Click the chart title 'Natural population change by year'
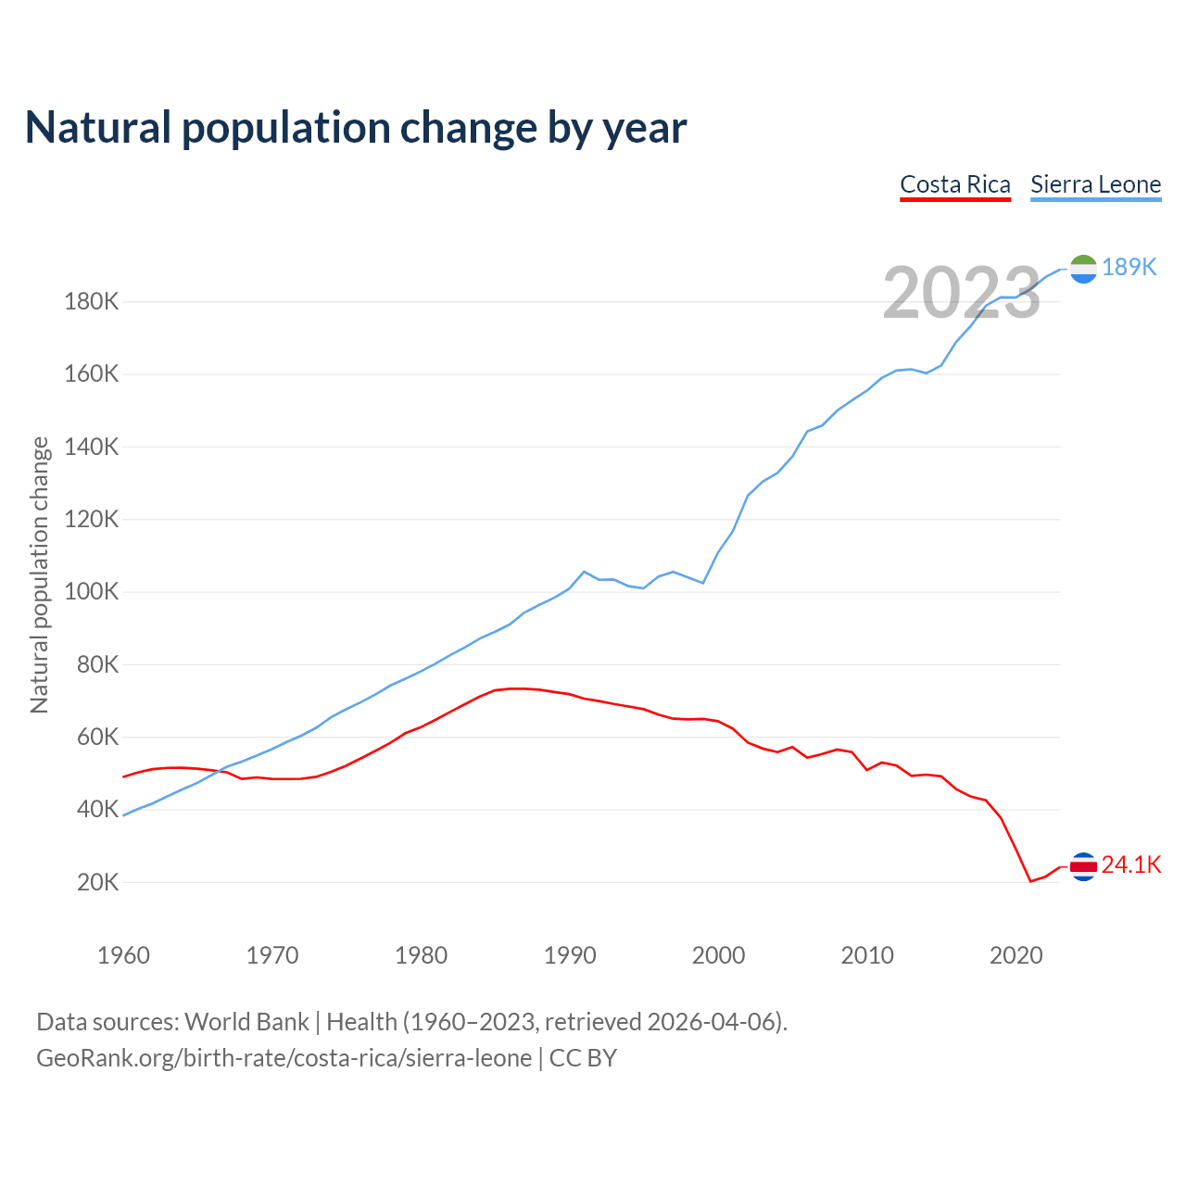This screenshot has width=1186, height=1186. click(356, 128)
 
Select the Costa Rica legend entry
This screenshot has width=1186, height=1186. click(955, 184)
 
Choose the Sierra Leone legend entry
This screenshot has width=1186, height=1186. click(1095, 184)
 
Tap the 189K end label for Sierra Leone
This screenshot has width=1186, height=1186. click(1129, 267)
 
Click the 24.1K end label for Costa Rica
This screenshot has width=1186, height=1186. click(1131, 864)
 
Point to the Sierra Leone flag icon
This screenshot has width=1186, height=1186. click(1083, 269)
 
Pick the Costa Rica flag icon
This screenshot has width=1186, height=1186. click(1083, 866)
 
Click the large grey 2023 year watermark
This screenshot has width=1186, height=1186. click(962, 293)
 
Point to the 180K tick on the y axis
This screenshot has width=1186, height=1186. click(92, 301)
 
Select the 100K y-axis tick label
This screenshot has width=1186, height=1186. click(92, 591)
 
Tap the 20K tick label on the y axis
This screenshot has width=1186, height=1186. click(97, 882)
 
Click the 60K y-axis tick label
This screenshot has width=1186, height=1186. click(97, 737)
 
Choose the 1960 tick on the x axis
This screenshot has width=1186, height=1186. click(123, 955)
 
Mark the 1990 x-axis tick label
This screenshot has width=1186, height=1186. click(570, 955)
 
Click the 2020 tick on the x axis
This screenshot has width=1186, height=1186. click(1016, 955)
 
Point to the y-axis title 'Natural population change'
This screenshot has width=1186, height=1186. click(39, 574)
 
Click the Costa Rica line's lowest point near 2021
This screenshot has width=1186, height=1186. click(1030, 881)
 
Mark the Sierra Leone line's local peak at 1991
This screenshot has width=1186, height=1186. click(584, 572)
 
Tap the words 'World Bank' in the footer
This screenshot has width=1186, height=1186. click(246, 1022)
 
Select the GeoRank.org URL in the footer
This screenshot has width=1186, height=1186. click(284, 1058)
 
